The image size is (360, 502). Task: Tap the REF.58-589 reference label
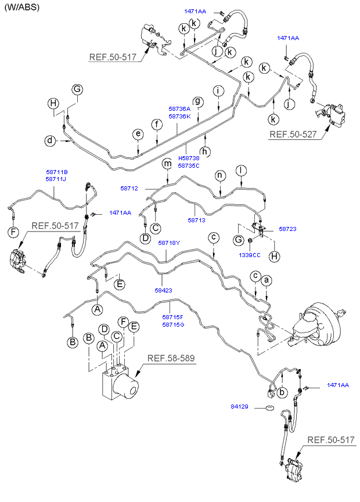171,358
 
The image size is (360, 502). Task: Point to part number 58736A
179,109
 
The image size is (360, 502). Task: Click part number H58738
189,158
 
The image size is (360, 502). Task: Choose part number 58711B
57,172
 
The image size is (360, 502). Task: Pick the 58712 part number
129,188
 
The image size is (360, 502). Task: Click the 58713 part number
196,221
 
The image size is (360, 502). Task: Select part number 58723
287,229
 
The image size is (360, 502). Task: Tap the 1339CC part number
249,254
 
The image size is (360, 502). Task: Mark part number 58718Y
169,243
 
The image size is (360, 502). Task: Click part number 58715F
172,317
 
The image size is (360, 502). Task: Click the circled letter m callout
167,164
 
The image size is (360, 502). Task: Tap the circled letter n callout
219,175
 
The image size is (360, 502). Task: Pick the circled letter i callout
218,91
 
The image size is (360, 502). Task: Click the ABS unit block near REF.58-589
116,383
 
